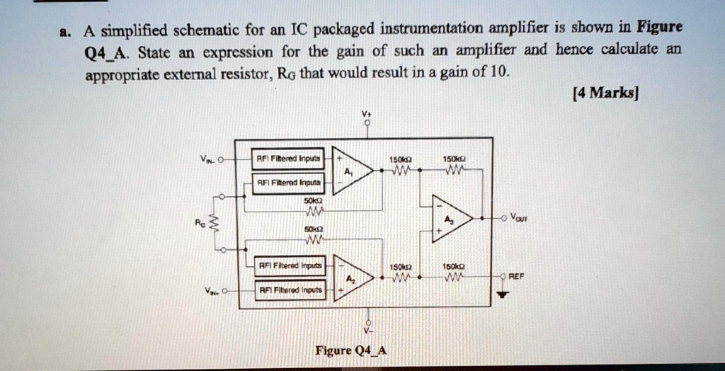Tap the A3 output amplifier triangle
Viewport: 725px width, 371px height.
pos(450,217)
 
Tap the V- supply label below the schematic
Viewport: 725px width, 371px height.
pos(367,331)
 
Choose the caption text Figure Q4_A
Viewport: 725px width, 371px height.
pos(351,350)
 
